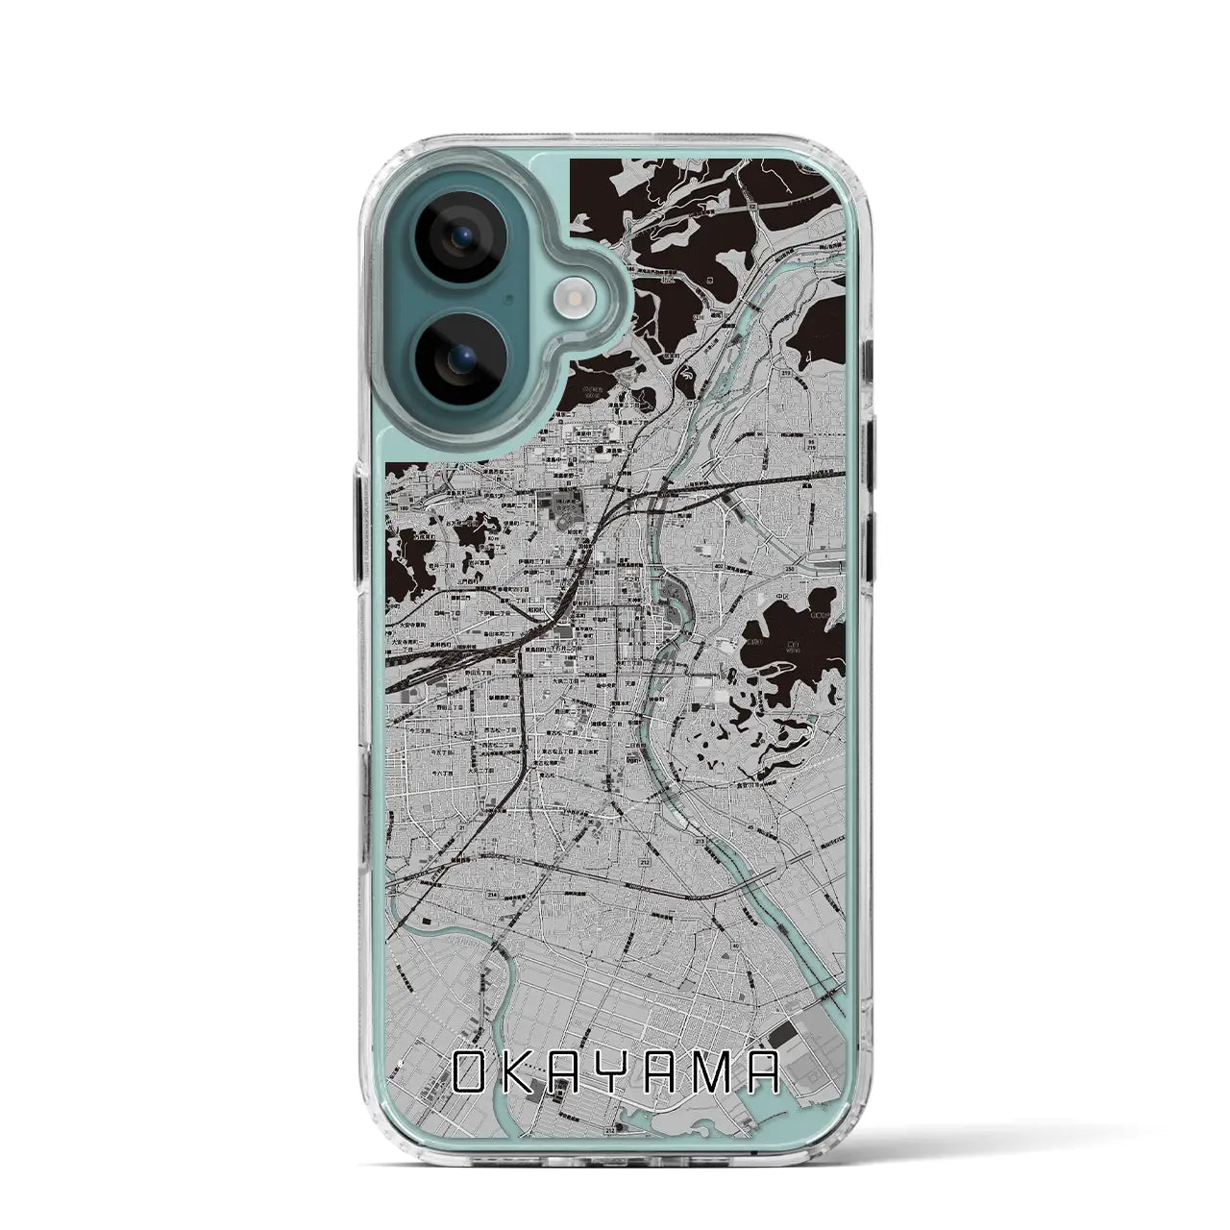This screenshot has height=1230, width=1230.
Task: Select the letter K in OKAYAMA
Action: coord(521,1073)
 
